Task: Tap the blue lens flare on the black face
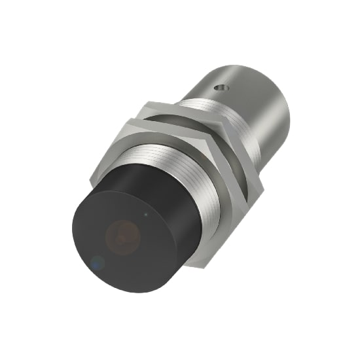point(98,263)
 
